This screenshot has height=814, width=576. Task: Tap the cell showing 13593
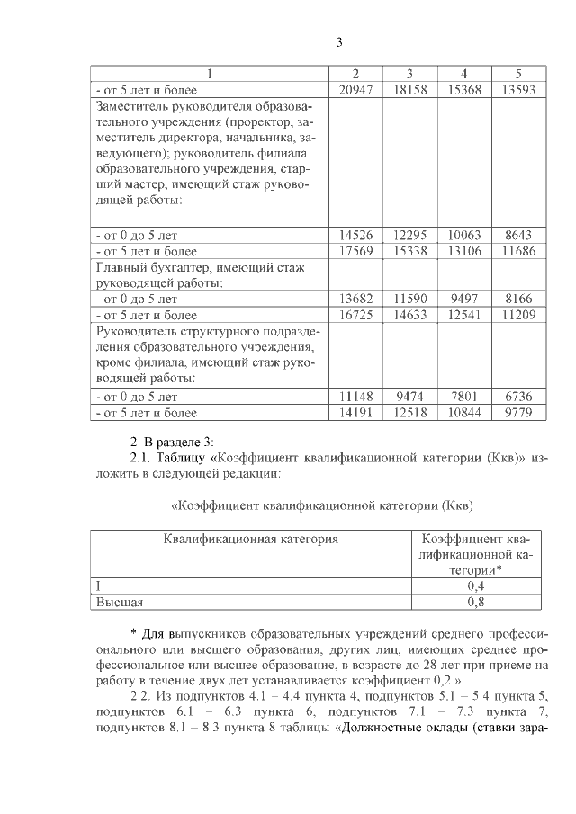[518, 90]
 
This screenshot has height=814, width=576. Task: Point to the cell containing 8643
[518, 235]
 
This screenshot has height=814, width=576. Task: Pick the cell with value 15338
[409, 252]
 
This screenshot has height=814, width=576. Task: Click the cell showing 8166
[518, 298]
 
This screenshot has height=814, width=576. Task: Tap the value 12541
[463, 315]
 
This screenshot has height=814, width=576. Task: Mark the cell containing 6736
[518, 396]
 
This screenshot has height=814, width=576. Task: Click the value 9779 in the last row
[518, 413]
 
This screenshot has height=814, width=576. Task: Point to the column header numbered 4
[463, 73]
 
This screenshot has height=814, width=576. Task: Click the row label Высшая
[120, 602]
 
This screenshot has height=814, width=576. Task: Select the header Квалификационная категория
[251, 539]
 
